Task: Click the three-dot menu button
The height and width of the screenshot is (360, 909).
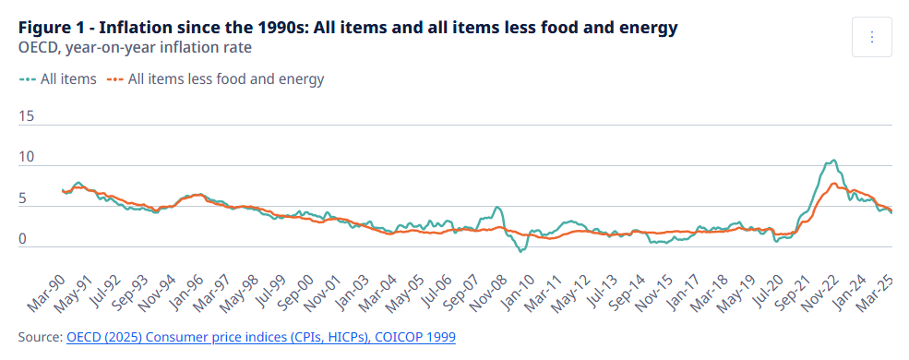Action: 872,37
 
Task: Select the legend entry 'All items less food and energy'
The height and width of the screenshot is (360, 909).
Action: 217,79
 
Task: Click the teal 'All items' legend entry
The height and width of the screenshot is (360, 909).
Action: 58,79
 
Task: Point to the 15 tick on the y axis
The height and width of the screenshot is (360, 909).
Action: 27,116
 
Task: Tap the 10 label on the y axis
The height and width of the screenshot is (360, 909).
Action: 27,158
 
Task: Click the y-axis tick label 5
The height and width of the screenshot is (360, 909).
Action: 23,198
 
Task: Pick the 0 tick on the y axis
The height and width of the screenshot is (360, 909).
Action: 23,239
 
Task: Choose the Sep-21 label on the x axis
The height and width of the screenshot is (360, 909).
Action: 790,287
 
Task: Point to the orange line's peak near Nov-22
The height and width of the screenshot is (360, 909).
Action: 834,184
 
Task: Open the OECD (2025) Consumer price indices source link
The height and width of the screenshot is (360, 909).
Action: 261,338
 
